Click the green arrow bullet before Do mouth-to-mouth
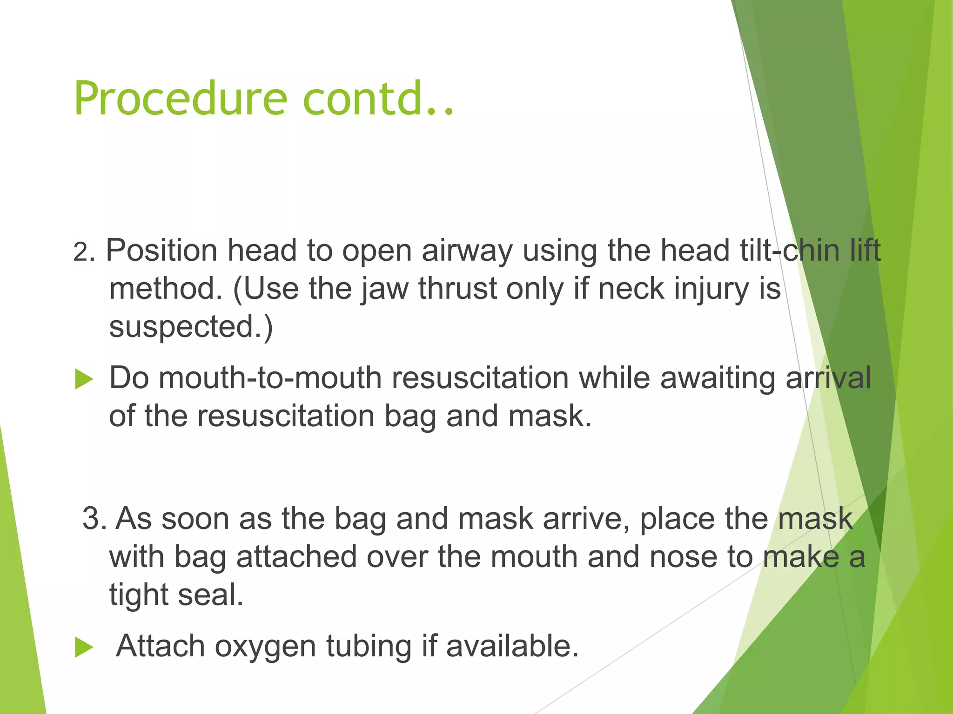point(84,379)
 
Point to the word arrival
point(828,377)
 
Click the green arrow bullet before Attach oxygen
point(84,647)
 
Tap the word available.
point(512,646)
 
